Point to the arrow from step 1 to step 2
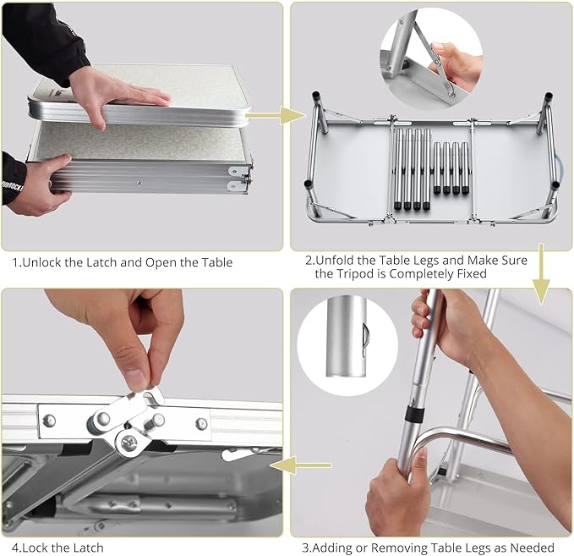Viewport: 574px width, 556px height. tap(276, 115)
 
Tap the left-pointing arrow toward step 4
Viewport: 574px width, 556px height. tap(300, 465)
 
